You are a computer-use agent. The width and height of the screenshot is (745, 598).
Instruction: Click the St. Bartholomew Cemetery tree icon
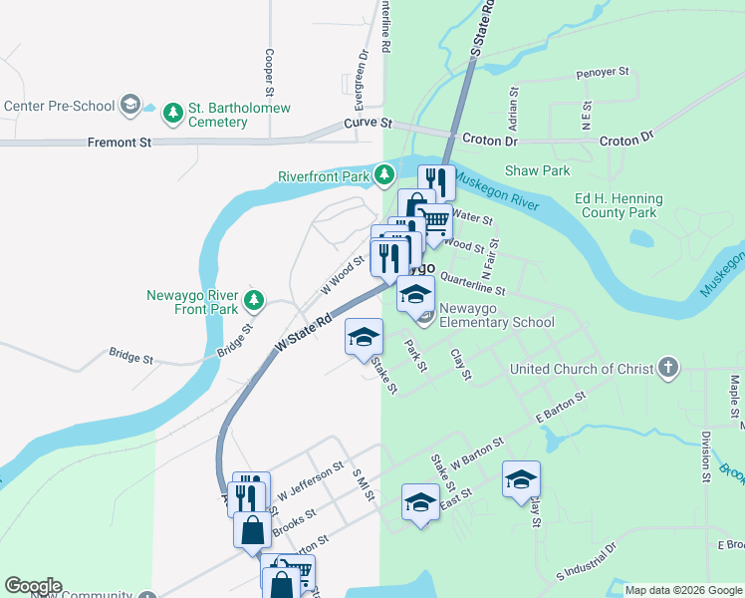[x=174, y=112]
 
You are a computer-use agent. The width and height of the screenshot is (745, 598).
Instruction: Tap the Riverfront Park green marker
[x=385, y=177]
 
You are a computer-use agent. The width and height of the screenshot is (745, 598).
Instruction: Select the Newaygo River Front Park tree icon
[x=255, y=298]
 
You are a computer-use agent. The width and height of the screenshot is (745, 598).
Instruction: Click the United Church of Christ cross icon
[x=667, y=369]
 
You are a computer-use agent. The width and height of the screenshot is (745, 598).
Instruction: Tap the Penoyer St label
[x=604, y=73]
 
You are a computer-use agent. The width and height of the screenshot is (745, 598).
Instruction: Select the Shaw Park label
[x=537, y=170]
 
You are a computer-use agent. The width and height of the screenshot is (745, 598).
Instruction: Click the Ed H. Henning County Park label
[x=616, y=205]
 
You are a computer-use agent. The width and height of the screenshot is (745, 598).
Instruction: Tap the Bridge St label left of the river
[x=130, y=356]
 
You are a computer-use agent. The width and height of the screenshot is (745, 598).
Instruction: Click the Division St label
[x=704, y=456]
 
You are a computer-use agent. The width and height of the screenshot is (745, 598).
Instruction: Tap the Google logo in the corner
[x=32, y=586]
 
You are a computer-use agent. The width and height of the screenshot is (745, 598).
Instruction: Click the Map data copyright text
[x=683, y=590]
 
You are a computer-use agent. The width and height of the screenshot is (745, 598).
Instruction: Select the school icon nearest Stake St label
[x=364, y=337]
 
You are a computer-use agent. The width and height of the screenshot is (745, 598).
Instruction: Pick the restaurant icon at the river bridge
[x=436, y=182]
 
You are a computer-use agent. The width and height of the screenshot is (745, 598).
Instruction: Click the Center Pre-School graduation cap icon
[x=129, y=104]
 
